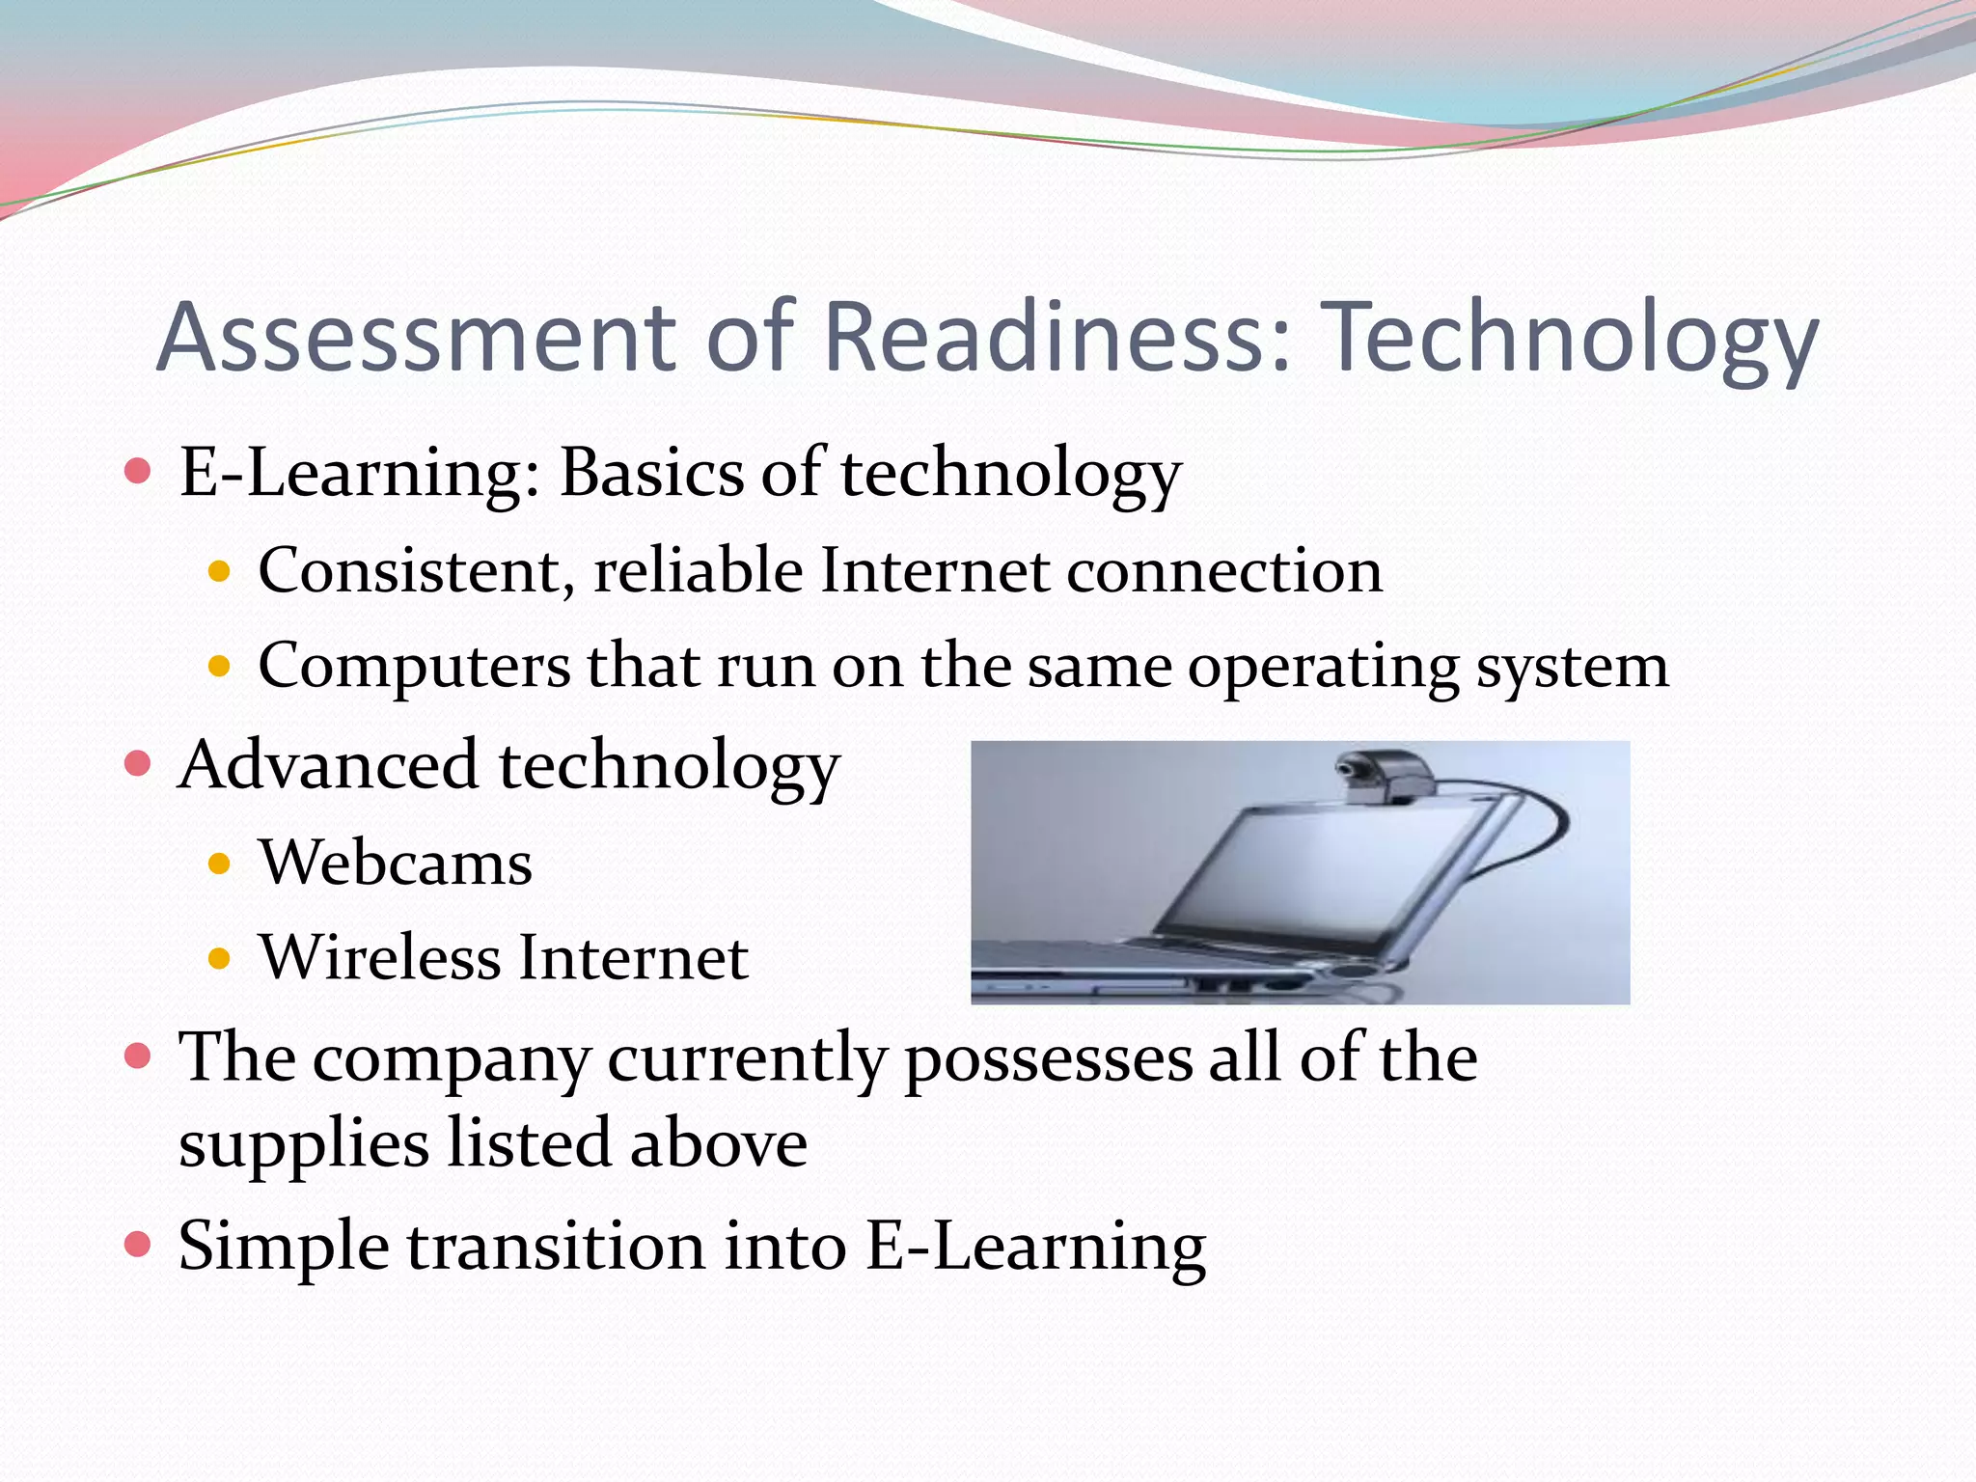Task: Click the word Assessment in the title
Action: (415, 337)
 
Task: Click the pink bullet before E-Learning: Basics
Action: (139, 472)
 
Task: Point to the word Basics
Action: (652, 473)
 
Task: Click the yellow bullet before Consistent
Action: (220, 571)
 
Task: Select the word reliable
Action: (698, 569)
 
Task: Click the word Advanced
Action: (328, 765)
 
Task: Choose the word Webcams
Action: (396, 862)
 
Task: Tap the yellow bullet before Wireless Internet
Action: (220, 959)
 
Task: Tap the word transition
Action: (556, 1246)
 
